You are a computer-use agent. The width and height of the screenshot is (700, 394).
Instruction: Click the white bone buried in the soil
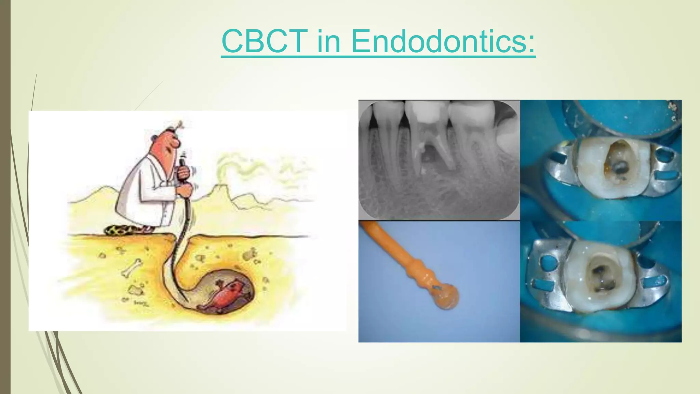[132, 267]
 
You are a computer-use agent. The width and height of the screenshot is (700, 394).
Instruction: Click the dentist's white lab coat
[144, 192]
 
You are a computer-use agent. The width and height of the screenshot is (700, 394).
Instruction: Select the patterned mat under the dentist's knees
[128, 229]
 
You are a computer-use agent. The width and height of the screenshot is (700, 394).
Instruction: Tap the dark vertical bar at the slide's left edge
[5, 197]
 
